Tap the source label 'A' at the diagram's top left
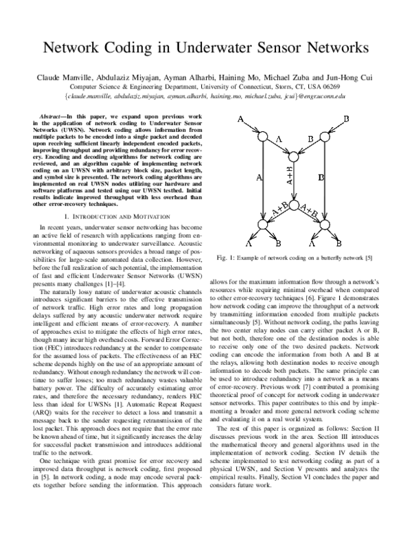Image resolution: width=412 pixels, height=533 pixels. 241,120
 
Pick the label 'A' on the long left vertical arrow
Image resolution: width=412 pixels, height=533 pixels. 259,178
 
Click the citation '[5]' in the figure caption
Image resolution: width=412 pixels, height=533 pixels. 368,258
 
